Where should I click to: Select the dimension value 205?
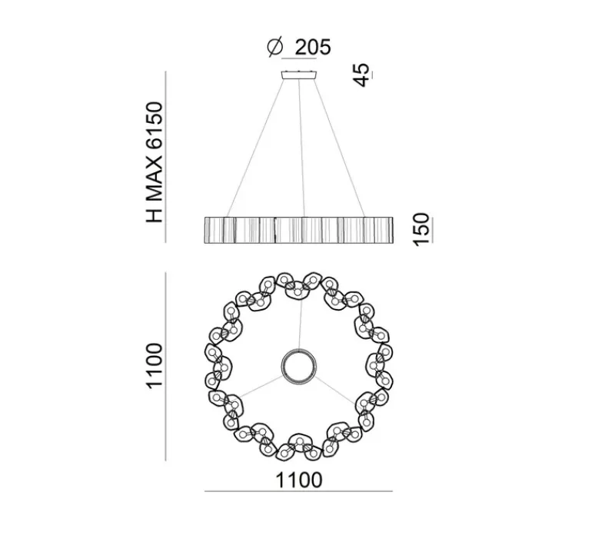tap(311, 47)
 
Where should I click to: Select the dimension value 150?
tap(420, 230)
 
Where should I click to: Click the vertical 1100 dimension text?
tap(155, 367)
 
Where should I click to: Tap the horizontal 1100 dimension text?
tap(299, 480)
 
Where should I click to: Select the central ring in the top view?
tap(298, 364)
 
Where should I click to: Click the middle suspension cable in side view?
tap(301, 146)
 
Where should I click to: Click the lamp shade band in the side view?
tap(298, 229)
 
